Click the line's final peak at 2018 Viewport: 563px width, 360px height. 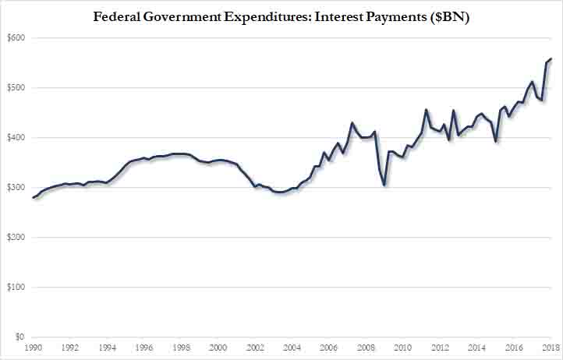(551, 58)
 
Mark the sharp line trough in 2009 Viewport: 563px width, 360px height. (384, 185)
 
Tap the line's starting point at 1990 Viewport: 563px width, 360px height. (34, 198)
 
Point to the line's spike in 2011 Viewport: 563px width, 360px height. (426, 110)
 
